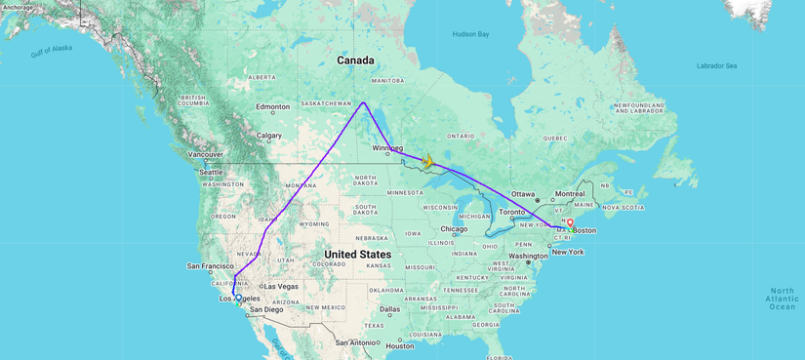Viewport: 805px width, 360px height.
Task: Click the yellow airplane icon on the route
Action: click(427, 160)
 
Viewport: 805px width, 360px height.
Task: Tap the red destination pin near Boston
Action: click(570, 223)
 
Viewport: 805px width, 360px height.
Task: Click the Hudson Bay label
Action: click(470, 34)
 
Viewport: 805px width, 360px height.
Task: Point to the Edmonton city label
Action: click(271, 106)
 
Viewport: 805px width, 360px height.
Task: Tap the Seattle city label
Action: click(211, 173)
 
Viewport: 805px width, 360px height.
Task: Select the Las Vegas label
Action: click(282, 286)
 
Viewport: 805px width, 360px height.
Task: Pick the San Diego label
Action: click(265, 310)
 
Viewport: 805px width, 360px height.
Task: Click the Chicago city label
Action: click(454, 229)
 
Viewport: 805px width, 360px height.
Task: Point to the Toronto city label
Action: click(512, 212)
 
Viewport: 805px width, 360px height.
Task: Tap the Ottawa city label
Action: click(524, 193)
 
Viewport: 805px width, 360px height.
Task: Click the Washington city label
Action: click(528, 256)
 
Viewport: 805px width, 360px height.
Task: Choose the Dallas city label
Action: click(390, 309)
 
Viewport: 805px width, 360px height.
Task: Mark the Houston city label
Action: click(400, 346)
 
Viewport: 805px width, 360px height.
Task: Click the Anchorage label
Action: click(19, 8)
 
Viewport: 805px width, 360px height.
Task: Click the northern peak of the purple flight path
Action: click(364, 101)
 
